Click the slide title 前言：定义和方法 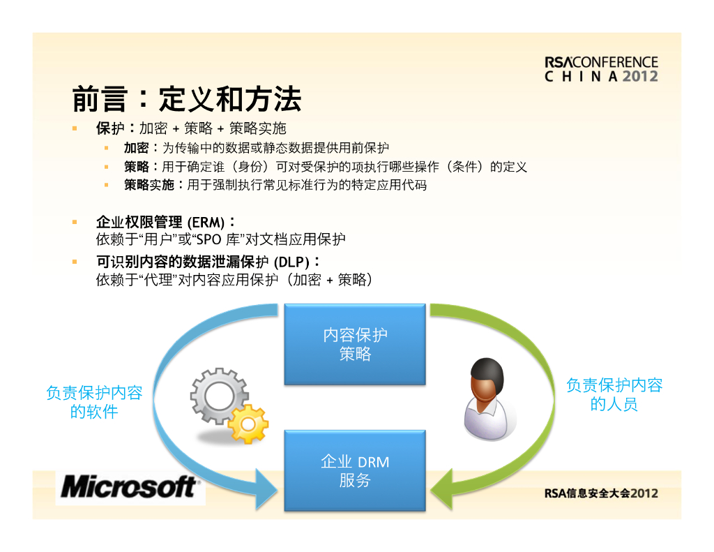click(187, 100)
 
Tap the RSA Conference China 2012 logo click(601, 69)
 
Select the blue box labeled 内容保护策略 click(355, 344)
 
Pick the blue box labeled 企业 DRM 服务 click(355, 470)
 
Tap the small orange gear click(248, 424)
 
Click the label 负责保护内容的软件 click(94, 402)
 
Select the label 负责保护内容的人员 click(614, 394)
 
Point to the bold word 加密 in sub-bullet click(136, 148)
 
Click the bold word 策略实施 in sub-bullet click(149, 185)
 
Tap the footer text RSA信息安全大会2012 click(601, 493)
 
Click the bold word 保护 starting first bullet click(109, 128)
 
